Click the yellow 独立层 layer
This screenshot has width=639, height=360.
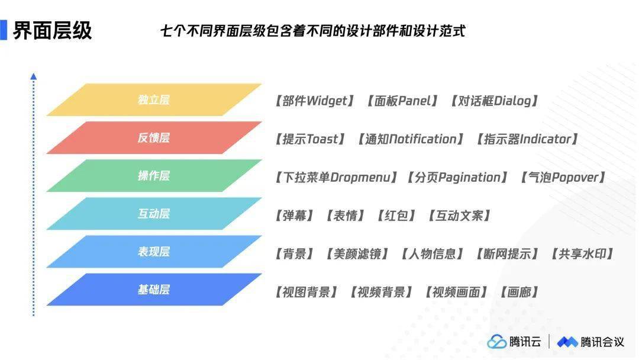coord(154,100)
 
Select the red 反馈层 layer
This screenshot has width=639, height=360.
coord(154,138)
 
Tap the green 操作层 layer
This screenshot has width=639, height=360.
coord(154,176)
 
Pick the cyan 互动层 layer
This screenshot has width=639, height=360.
coord(154,214)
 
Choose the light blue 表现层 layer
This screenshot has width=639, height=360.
coord(154,252)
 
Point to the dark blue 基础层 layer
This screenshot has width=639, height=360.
coord(154,290)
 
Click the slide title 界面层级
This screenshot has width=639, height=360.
coord(52,31)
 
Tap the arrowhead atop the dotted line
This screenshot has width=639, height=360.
coord(33,76)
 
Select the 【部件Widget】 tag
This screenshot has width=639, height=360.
coord(314,101)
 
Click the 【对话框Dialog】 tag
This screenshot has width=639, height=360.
coord(494,101)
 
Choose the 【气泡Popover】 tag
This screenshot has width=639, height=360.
coord(563,178)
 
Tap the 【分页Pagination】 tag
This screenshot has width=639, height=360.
coord(457,178)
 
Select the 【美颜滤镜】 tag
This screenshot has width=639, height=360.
coord(357,253)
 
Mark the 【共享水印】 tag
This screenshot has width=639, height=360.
coord(582,253)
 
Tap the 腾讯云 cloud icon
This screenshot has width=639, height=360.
coord(497,342)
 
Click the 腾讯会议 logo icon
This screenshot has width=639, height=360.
coord(567,342)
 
